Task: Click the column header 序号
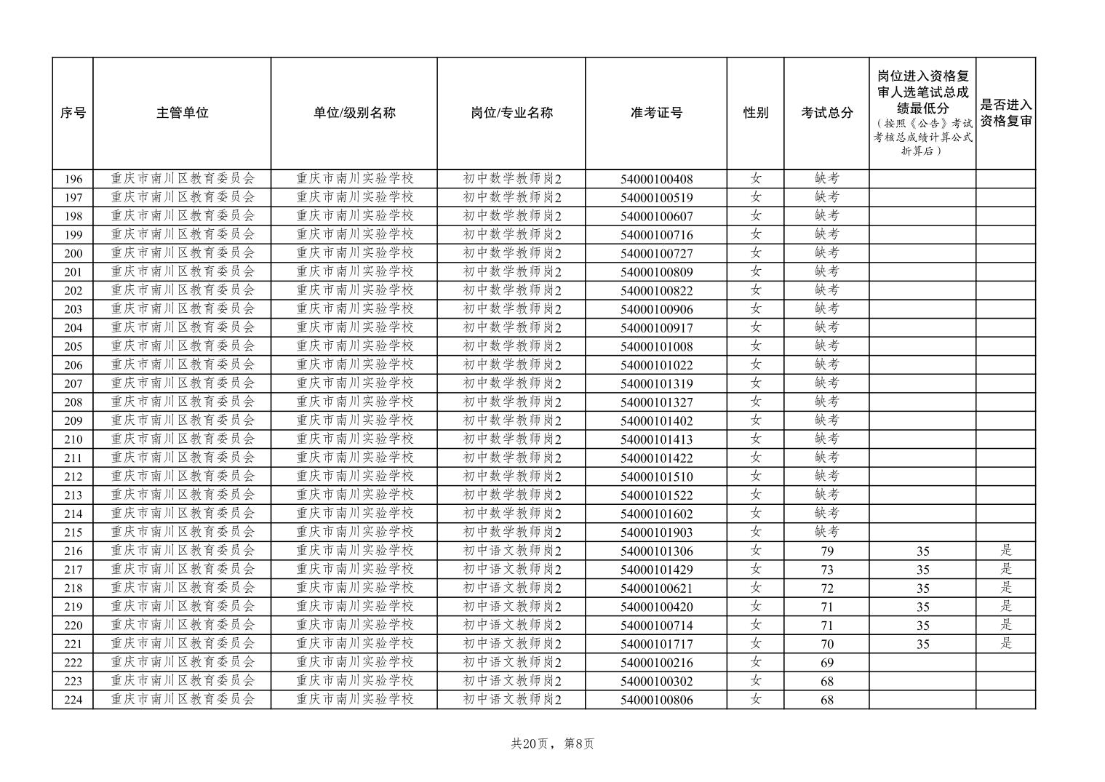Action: pos(73,113)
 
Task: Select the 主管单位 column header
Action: pos(182,113)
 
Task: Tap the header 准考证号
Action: pos(656,113)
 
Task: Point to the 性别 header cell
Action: pos(755,113)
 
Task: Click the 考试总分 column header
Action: pos(826,113)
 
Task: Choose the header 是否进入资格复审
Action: pos(1005,113)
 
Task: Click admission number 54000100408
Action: pos(656,179)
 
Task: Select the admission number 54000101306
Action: pos(656,551)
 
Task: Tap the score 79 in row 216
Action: pos(826,551)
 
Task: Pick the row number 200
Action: pos(73,253)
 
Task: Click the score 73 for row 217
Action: pos(826,570)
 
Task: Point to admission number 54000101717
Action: pos(656,644)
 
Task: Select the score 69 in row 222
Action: pos(826,663)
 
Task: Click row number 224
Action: pos(73,700)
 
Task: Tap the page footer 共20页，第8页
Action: pos(552,743)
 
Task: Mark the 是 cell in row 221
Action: pos(1005,643)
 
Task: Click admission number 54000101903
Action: pos(656,532)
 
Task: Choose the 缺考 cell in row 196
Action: pos(826,178)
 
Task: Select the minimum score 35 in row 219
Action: pos(922,607)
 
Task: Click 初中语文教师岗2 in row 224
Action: pos(512,700)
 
